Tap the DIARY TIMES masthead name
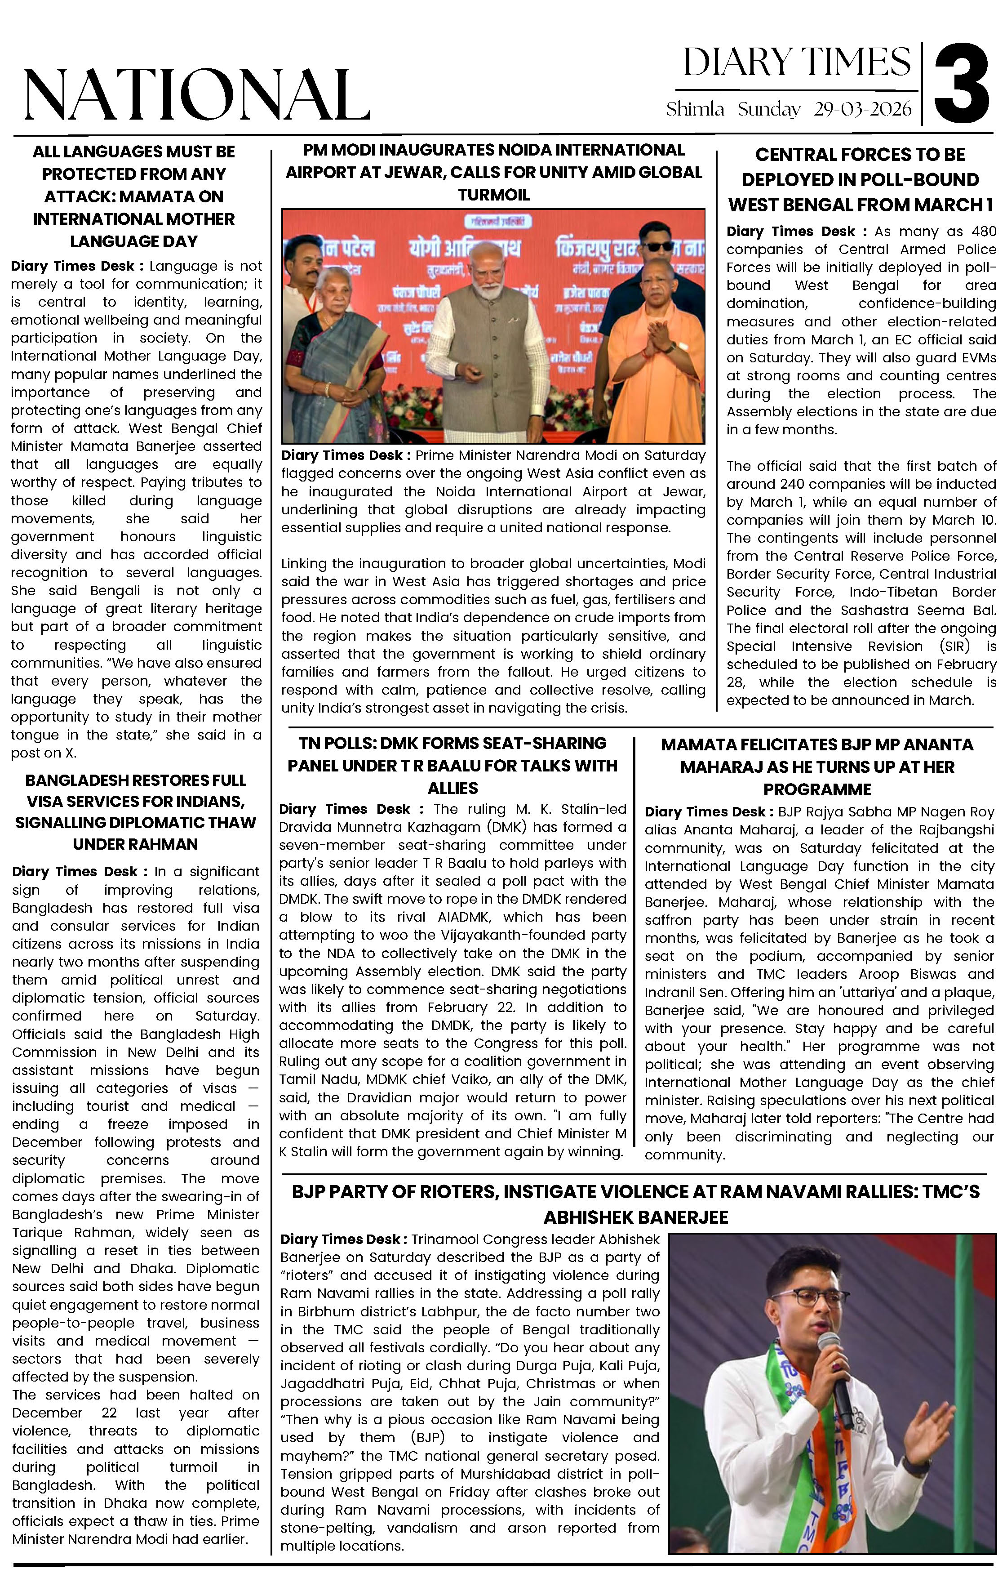796,63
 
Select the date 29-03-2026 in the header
862,109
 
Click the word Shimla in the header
695,109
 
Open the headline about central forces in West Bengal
860,179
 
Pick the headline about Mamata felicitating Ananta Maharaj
816,767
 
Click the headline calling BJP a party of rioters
635,1204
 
